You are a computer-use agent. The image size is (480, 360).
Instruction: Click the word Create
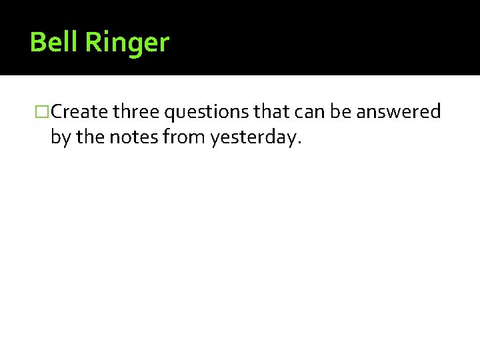[x=79, y=112]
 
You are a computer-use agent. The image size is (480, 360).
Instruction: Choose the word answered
[x=399, y=112]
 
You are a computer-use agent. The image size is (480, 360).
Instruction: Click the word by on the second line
[x=60, y=138]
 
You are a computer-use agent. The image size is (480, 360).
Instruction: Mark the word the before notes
[x=89, y=137]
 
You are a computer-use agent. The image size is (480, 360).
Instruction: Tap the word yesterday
[x=253, y=138]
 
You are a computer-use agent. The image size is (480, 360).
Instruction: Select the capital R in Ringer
[x=93, y=43]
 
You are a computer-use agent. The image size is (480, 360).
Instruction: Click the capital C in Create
[x=56, y=112]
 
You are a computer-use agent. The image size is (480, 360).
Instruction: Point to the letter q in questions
[x=165, y=114]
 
